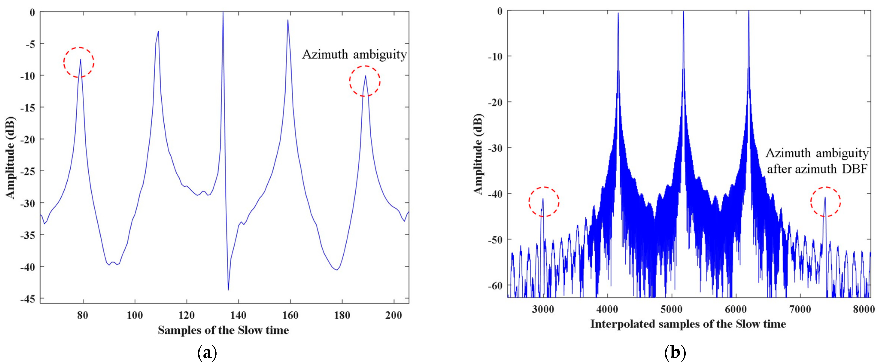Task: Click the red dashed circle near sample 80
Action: coord(79,62)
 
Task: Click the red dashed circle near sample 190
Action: coord(364,81)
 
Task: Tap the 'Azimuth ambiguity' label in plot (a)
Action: coord(354,55)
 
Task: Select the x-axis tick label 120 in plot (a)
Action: coord(187,315)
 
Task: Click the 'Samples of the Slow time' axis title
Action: coord(223,330)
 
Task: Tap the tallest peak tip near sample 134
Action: coord(223,13)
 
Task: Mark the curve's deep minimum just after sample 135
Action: coord(228,289)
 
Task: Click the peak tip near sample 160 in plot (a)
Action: coord(288,20)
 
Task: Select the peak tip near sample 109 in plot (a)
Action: coord(158,32)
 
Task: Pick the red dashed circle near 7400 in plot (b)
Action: coord(825,202)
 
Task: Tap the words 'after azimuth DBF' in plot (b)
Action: coord(817,169)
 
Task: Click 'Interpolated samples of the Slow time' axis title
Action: coord(688,324)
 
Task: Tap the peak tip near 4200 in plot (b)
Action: coord(618,14)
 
